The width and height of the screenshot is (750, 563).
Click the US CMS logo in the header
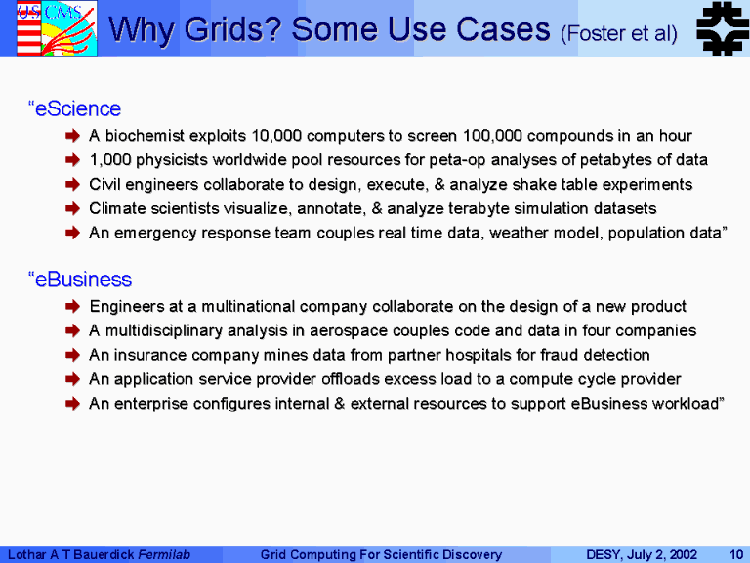(57, 28)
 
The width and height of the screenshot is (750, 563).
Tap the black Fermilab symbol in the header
(723, 28)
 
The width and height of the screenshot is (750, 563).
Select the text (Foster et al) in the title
(619, 33)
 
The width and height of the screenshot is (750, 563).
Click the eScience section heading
(74, 108)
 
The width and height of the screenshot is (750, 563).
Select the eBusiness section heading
(80, 280)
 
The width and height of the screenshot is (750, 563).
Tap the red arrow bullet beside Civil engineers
(72, 185)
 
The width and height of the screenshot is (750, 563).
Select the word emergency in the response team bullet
(155, 234)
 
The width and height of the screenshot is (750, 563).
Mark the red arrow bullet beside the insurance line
(72, 355)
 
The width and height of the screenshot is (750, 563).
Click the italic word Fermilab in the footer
(164, 554)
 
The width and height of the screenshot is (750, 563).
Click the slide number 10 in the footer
(736, 554)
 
